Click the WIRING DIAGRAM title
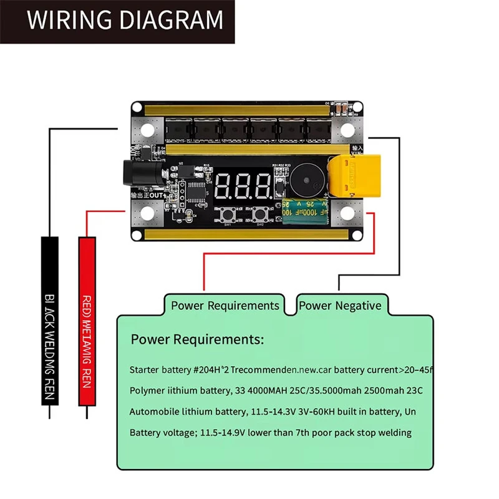pos(125,20)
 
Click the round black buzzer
pos(305,178)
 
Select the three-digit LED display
pos(246,185)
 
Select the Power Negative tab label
pos(340,306)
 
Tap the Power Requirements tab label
pos(225,306)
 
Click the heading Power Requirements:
pos(197,340)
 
